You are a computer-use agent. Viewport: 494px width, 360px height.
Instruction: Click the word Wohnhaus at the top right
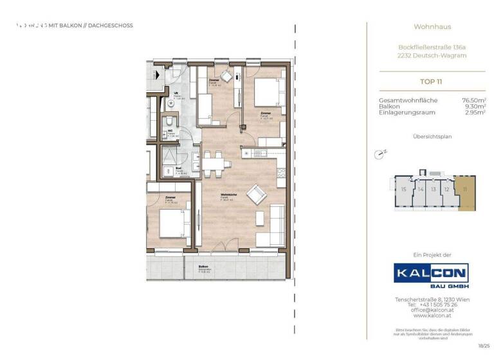[x=432, y=26]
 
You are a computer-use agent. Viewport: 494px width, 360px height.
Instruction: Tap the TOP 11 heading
[x=432, y=82]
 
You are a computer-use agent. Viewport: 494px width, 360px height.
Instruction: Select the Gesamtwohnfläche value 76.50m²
[x=473, y=100]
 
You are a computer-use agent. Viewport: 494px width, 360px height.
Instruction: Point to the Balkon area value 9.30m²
[x=475, y=106]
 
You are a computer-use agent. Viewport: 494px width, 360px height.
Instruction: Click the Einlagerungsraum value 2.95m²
[x=475, y=113]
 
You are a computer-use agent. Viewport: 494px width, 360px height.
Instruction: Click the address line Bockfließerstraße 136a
[x=432, y=47]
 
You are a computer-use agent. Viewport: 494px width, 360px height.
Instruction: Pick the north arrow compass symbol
[x=380, y=154]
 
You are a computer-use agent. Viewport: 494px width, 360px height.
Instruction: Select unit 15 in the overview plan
[x=403, y=190]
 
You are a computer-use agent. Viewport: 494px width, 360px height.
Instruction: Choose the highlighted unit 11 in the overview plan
[x=465, y=190]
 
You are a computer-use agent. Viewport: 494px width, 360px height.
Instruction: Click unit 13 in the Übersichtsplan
[x=434, y=190]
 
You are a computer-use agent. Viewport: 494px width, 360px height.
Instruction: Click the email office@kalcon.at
[x=432, y=310]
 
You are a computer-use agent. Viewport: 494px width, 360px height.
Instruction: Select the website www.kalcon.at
[x=432, y=316]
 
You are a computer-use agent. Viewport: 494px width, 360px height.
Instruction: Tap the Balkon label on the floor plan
[x=203, y=266]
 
